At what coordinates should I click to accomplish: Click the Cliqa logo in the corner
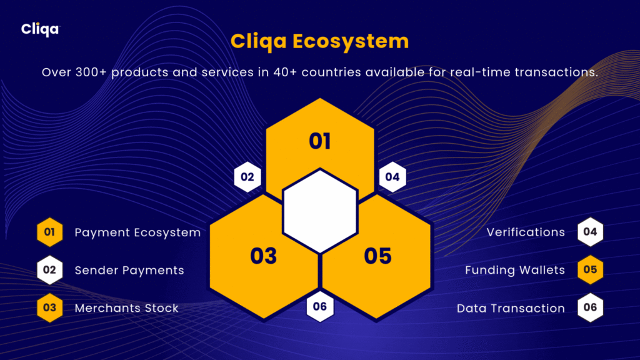click(41, 29)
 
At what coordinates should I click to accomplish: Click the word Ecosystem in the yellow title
click(351, 42)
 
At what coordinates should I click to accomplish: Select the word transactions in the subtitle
click(556, 72)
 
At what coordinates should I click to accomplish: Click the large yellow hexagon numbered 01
click(320, 135)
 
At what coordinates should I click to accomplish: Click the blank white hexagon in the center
click(320, 211)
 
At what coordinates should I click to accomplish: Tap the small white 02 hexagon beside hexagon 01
click(247, 177)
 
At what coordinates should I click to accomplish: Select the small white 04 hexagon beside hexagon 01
click(392, 177)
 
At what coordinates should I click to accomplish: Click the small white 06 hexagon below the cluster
click(320, 306)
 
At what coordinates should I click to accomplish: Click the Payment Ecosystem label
click(137, 232)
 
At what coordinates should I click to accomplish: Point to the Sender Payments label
click(129, 270)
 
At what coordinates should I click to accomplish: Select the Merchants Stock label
click(126, 308)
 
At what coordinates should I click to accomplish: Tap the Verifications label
click(526, 232)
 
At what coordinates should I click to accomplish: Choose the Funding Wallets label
click(515, 270)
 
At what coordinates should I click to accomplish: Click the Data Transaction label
click(511, 308)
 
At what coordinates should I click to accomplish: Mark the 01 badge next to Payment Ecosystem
click(50, 232)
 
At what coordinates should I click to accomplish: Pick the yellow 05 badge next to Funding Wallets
click(590, 270)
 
